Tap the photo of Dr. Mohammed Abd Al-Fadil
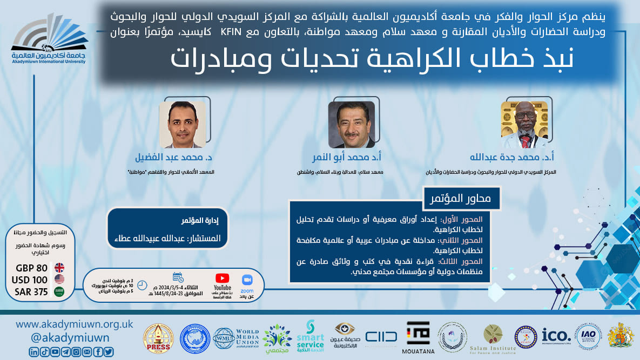click(182, 125)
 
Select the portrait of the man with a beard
click(351, 125)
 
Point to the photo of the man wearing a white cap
click(524, 125)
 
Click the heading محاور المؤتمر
click(461, 198)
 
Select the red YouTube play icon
click(222, 279)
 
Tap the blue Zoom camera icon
click(247, 280)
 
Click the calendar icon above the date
click(178, 277)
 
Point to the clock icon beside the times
click(142, 285)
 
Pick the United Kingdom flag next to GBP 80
click(59, 268)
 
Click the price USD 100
click(30, 280)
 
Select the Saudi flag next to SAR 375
click(59, 292)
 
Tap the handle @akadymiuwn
click(63, 338)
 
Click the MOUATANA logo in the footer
click(418, 336)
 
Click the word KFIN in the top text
click(231, 32)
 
